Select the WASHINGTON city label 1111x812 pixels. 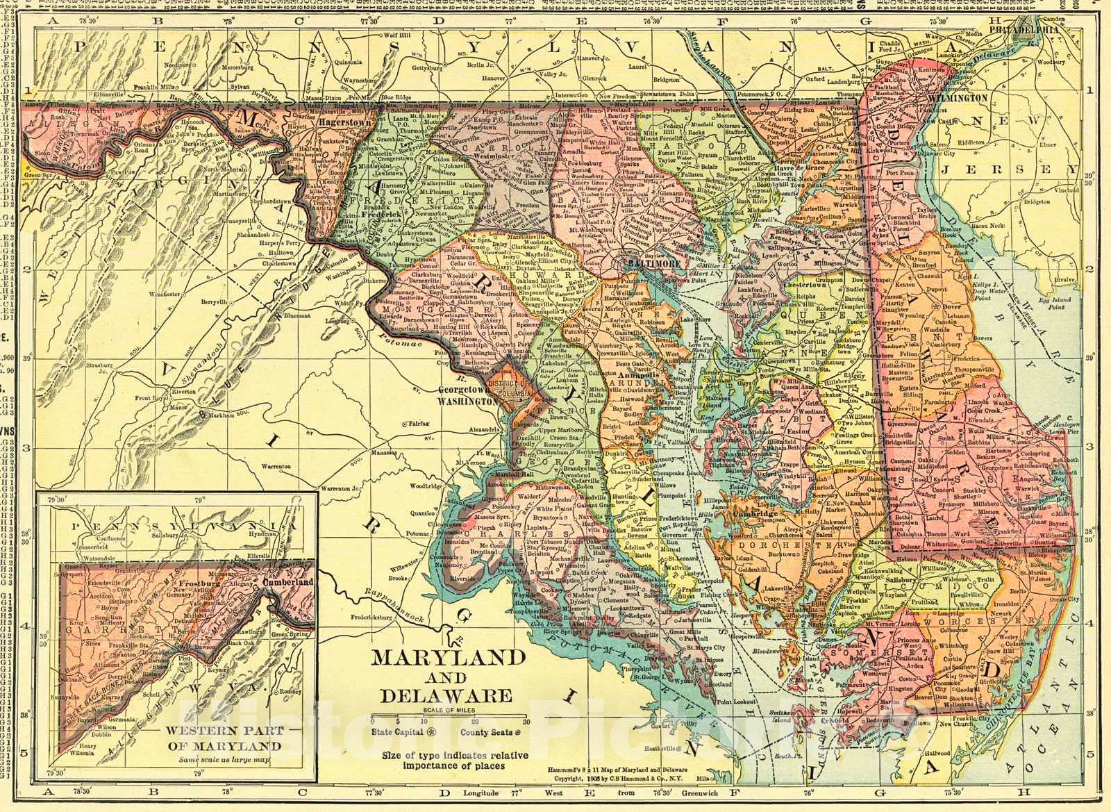(468, 401)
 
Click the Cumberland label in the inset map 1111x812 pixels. (287, 580)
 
